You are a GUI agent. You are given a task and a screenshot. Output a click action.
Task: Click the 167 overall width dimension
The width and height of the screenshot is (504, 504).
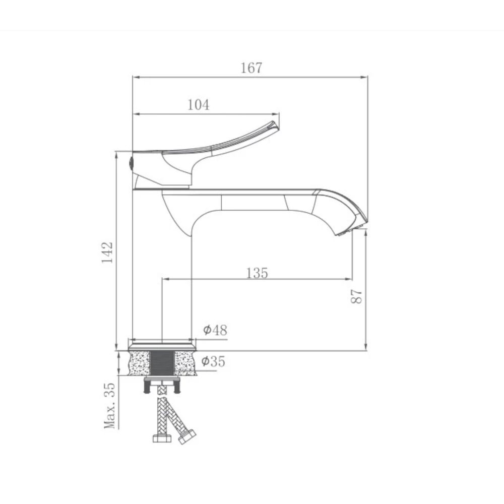point(251,68)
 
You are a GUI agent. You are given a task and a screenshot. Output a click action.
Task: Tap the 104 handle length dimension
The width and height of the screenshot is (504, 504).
point(198,105)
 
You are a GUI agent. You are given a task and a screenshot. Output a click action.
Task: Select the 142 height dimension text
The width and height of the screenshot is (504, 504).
point(107,252)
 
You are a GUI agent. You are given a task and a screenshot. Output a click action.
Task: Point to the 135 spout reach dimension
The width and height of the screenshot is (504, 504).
point(257,273)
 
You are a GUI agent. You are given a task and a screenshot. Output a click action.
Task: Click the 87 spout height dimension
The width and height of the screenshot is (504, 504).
point(357,296)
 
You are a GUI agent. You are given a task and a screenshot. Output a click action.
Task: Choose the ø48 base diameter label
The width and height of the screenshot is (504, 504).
point(215,331)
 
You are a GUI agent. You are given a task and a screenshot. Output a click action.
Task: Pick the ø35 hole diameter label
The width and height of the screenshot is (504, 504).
point(213,361)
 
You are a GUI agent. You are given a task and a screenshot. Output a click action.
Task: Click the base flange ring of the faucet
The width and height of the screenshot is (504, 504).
point(162,347)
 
